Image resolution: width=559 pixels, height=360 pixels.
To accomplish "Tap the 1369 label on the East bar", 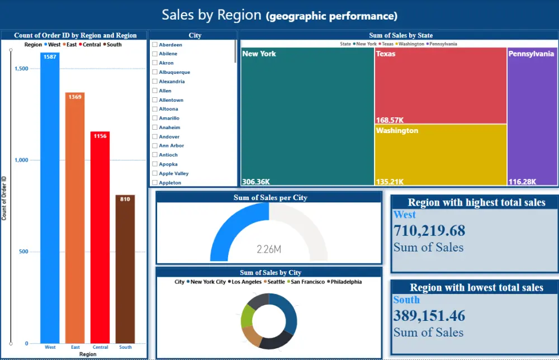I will coord(75,97).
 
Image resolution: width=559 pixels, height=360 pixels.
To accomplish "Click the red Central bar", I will coord(100,240).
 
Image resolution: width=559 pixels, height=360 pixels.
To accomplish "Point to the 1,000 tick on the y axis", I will coord(21,160).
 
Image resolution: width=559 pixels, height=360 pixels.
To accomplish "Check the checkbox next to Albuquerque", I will coord(155,72).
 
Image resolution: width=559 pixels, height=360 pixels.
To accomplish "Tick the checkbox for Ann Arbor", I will coord(155,145).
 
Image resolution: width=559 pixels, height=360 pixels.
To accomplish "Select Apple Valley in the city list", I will coord(173,173).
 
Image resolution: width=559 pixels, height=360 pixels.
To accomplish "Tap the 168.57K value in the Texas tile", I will coord(390,120).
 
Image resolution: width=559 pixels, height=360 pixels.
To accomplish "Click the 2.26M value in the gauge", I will coord(269,249).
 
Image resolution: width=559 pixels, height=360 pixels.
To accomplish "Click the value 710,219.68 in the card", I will coord(429,230).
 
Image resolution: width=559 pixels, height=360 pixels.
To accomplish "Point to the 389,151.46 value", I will coord(429,315).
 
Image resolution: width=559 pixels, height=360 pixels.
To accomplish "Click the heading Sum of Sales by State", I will coord(400,35).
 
